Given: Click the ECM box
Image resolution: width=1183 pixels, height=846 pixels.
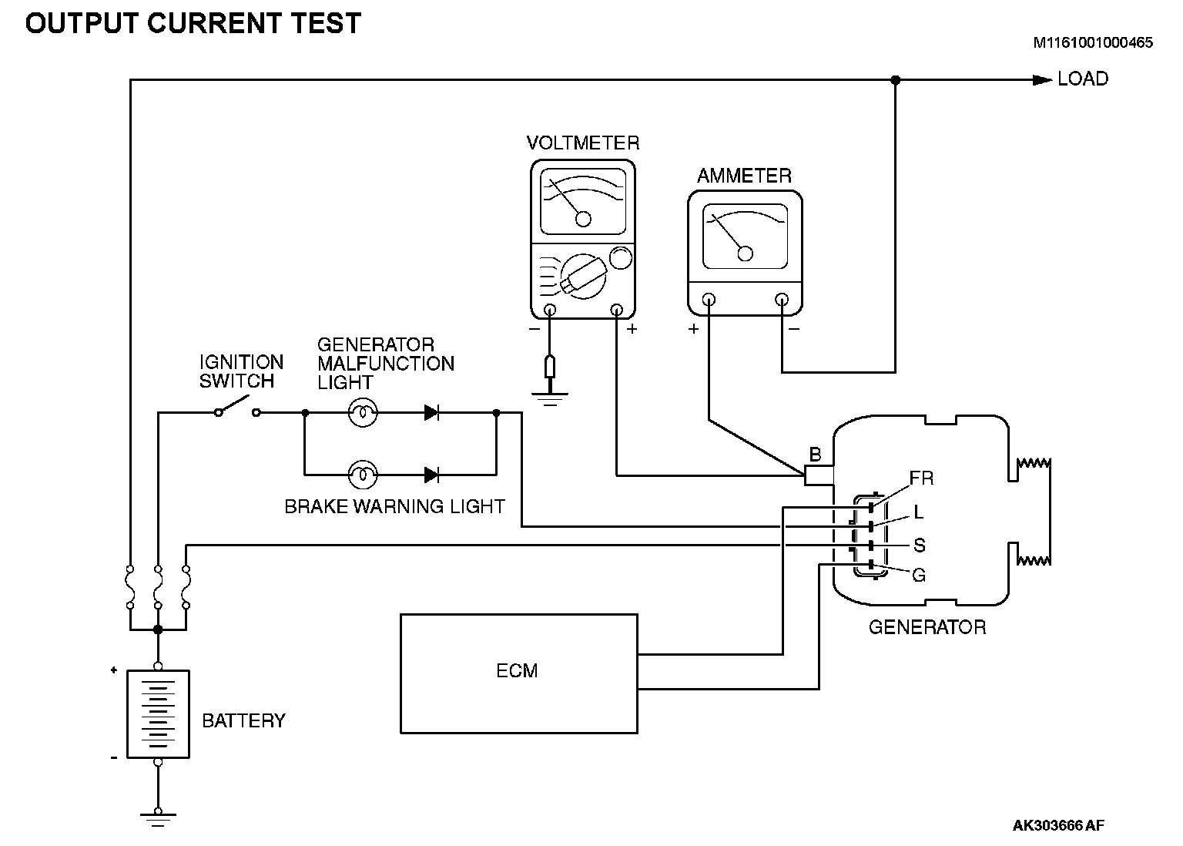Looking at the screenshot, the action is coord(518,673).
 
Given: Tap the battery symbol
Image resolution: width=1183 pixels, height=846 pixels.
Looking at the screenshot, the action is coord(158,714).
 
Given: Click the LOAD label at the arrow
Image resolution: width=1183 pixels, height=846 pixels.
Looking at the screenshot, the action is coord(1083,79).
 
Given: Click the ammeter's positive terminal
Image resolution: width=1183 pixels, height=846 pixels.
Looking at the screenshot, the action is coord(709,300).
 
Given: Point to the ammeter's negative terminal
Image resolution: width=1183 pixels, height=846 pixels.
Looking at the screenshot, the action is coord(782,300).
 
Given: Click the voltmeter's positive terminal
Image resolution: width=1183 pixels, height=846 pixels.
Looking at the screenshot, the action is coord(616,310).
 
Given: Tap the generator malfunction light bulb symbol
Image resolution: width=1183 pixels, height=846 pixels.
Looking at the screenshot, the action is coord(363,413).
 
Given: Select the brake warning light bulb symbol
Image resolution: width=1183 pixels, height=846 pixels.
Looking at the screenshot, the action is coord(363,475).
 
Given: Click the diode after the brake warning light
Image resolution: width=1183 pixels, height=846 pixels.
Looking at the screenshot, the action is coord(432,475).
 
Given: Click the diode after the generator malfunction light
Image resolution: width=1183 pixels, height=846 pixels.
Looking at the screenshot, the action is coord(432,413).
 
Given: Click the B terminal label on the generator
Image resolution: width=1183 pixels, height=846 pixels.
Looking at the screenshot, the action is coord(816,455).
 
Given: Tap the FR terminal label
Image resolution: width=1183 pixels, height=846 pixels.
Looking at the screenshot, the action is coord(922,478).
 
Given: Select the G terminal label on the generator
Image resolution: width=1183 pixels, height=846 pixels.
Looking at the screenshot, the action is coord(919,575).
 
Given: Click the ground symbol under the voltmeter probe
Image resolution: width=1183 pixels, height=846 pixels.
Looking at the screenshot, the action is coord(550,399).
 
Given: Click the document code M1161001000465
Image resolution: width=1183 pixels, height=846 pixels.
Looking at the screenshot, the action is coord(1093,42).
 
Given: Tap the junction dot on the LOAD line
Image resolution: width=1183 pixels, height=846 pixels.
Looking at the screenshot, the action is coord(895,80).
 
